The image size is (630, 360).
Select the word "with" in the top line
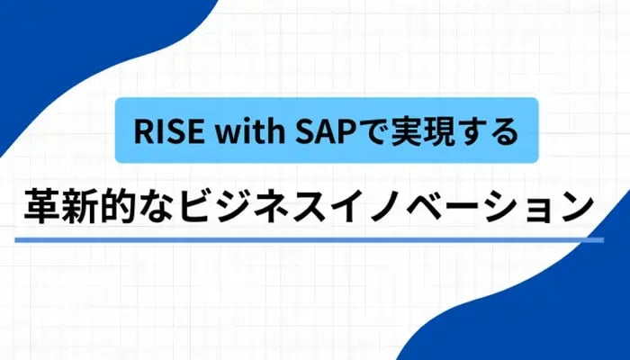[x=237, y=131]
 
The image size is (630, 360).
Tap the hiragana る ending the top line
[x=504, y=132]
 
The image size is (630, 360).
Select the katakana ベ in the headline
[x=463, y=207]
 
